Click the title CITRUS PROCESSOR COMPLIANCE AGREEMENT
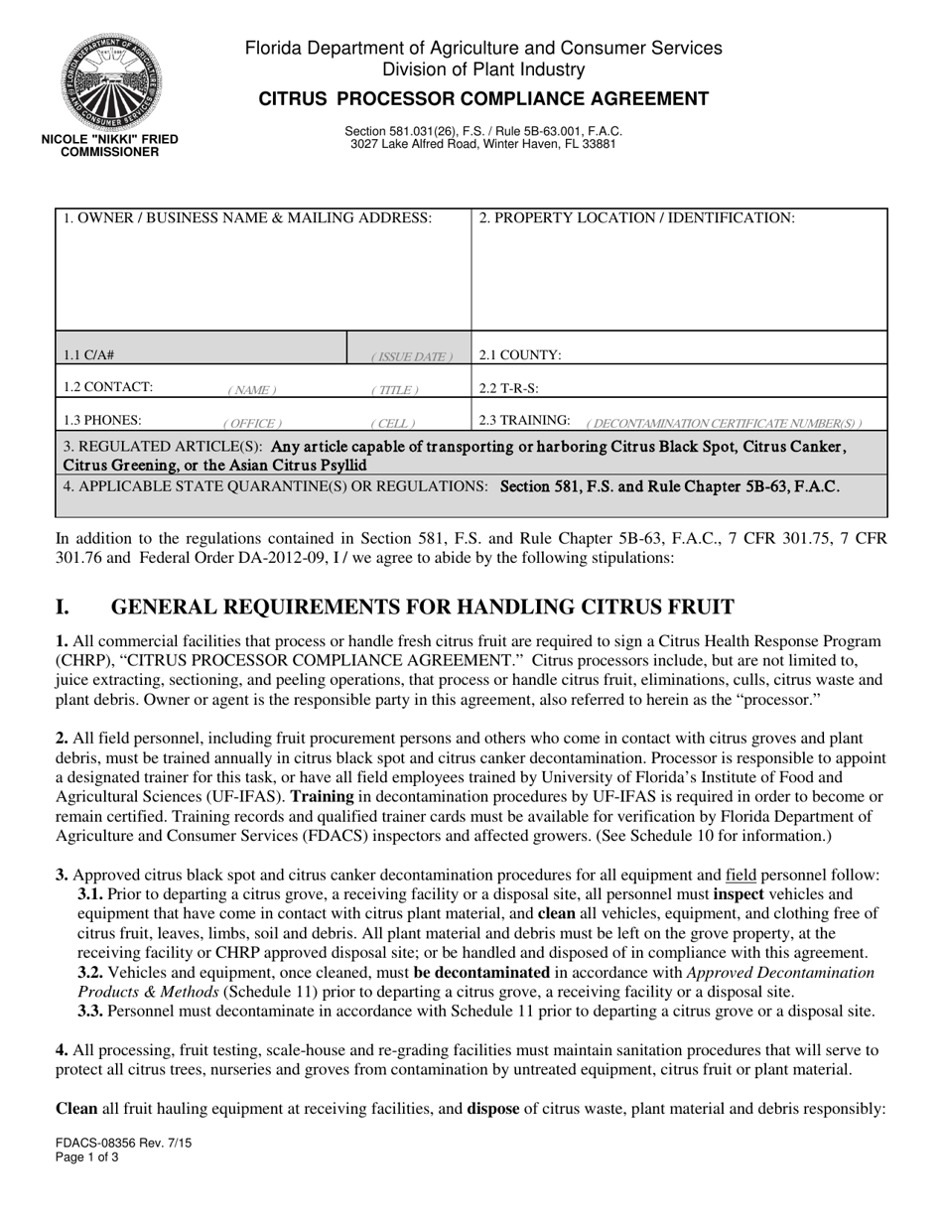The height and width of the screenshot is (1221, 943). click(483, 98)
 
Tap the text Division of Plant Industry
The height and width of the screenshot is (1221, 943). click(483, 69)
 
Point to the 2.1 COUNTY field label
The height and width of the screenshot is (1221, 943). click(520, 354)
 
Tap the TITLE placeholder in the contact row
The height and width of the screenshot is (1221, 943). click(395, 390)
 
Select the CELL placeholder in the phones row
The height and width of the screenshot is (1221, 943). click(393, 423)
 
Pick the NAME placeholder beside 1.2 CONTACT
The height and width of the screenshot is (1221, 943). click(252, 390)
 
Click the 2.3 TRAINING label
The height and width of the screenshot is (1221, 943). click(524, 420)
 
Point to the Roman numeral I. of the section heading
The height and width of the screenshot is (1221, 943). click(63, 608)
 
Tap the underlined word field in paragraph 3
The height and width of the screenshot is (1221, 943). click(741, 875)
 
